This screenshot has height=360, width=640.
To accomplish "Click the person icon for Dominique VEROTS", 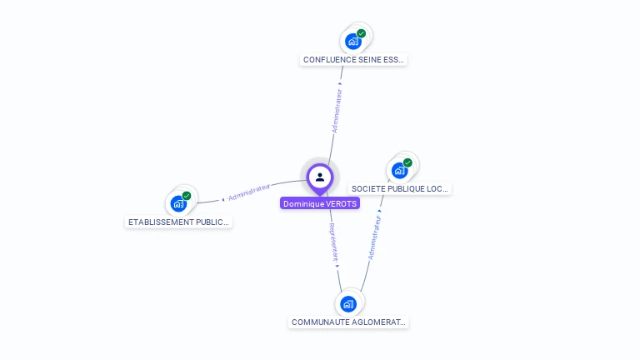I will [x=320, y=177].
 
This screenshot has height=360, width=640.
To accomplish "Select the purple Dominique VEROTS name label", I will [x=320, y=203].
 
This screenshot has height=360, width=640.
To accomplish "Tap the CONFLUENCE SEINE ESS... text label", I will [x=354, y=60].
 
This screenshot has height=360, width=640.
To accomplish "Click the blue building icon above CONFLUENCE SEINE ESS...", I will [x=353, y=41].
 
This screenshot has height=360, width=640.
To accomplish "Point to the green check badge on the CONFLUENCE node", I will [x=361, y=33].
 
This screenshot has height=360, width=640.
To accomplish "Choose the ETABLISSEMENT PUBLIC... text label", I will [x=178, y=222].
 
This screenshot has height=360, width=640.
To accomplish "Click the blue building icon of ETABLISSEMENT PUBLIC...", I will [x=178, y=203].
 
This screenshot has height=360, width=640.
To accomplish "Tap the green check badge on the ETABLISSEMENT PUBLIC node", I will [x=187, y=196].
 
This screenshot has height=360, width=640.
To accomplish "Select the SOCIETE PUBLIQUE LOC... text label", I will [x=400, y=189].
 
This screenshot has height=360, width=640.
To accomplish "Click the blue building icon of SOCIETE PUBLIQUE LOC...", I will [x=399, y=171].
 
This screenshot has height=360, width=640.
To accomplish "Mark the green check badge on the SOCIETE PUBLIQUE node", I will [x=407, y=163].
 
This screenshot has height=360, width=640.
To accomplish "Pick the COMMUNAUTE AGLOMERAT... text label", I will [x=348, y=322].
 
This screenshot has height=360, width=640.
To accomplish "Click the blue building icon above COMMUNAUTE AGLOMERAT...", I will [x=348, y=303].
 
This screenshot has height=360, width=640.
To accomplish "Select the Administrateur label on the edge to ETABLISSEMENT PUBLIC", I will [x=248, y=192].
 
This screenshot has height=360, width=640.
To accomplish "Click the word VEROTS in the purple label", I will [x=341, y=203].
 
